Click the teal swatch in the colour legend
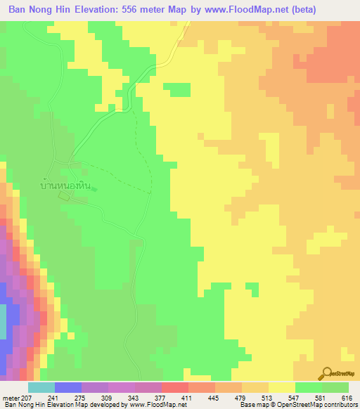pos(41,387)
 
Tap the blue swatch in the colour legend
pos(68,387)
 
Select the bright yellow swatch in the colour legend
pos(281,387)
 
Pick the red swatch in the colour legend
pos(174,387)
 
